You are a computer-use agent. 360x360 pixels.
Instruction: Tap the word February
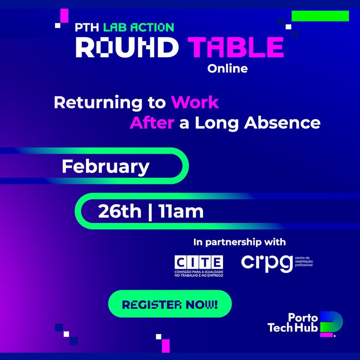105,167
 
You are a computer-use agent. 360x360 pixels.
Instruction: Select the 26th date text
120,212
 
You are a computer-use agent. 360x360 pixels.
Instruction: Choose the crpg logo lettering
266,263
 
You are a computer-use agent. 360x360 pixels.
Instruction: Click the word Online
228,68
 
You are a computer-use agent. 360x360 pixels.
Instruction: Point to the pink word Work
195,103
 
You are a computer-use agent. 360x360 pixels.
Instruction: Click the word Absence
282,123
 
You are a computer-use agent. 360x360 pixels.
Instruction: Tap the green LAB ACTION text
139,27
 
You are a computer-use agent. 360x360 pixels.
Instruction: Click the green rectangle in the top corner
320,16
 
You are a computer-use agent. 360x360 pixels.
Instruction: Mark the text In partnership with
239,242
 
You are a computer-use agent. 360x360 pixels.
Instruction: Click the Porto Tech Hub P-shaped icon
331,323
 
